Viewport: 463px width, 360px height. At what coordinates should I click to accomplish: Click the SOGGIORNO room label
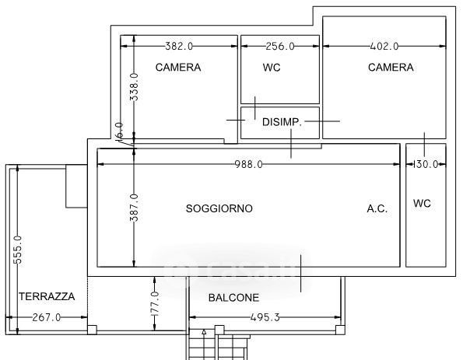219,208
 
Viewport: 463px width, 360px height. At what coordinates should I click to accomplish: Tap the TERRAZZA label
47,296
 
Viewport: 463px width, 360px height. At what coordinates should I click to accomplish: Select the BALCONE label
233,298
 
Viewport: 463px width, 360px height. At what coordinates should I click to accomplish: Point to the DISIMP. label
282,122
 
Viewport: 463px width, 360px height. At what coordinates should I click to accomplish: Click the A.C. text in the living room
377,208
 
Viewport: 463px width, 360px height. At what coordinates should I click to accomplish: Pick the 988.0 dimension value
249,164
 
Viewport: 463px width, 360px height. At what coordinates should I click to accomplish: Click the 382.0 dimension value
179,46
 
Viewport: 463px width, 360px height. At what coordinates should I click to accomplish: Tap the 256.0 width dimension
280,46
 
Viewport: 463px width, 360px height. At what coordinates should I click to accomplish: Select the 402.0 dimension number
384,46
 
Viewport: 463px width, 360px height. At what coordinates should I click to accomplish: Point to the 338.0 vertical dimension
134,87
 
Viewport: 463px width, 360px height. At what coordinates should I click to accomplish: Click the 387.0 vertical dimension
134,208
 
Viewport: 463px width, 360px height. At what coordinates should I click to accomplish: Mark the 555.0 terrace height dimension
17,250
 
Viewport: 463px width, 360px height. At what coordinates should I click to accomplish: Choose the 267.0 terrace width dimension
47,317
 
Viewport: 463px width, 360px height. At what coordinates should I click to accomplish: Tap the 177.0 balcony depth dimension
155,304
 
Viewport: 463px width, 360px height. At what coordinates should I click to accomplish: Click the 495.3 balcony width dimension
265,317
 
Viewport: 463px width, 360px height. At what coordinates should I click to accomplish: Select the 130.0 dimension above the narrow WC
425,164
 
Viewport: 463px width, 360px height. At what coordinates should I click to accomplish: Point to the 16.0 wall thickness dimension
119,130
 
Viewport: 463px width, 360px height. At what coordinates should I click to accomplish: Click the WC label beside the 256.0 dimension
272,68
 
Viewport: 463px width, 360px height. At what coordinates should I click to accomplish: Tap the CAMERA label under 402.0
391,68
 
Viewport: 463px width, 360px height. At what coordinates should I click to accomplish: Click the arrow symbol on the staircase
204,332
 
